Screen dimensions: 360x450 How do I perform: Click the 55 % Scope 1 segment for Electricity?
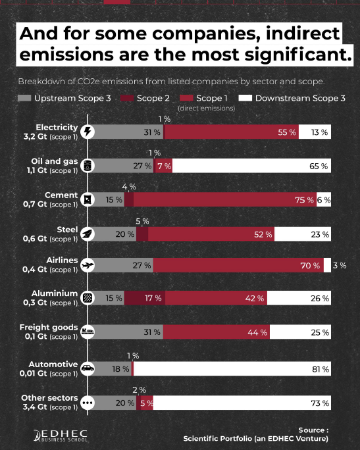(232, 132)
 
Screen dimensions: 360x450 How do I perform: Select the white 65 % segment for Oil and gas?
(252, 166)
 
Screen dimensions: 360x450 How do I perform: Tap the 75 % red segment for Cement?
(225, 199)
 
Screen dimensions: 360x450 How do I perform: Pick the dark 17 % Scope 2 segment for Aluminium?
(145, 298)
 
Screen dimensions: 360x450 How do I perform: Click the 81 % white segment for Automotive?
(232, 369)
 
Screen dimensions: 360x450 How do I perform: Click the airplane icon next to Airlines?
(88, 265)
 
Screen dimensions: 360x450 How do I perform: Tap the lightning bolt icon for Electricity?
(88, 132)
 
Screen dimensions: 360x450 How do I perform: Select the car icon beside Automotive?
(88, 368)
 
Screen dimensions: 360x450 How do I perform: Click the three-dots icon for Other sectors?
(88, 403)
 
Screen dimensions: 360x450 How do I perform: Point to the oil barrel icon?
(88, 166)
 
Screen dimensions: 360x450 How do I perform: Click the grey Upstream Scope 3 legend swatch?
(24, 98)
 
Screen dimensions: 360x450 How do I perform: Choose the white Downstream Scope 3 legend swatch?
(245, 98)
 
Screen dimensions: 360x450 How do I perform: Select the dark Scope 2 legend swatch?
(127, 98)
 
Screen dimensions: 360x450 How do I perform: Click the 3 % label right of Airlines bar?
(340, 266)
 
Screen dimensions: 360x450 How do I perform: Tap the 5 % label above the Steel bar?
(142, 221)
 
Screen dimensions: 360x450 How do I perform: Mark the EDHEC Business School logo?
(61, 436)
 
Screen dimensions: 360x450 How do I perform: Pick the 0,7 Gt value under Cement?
(35, 205)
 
